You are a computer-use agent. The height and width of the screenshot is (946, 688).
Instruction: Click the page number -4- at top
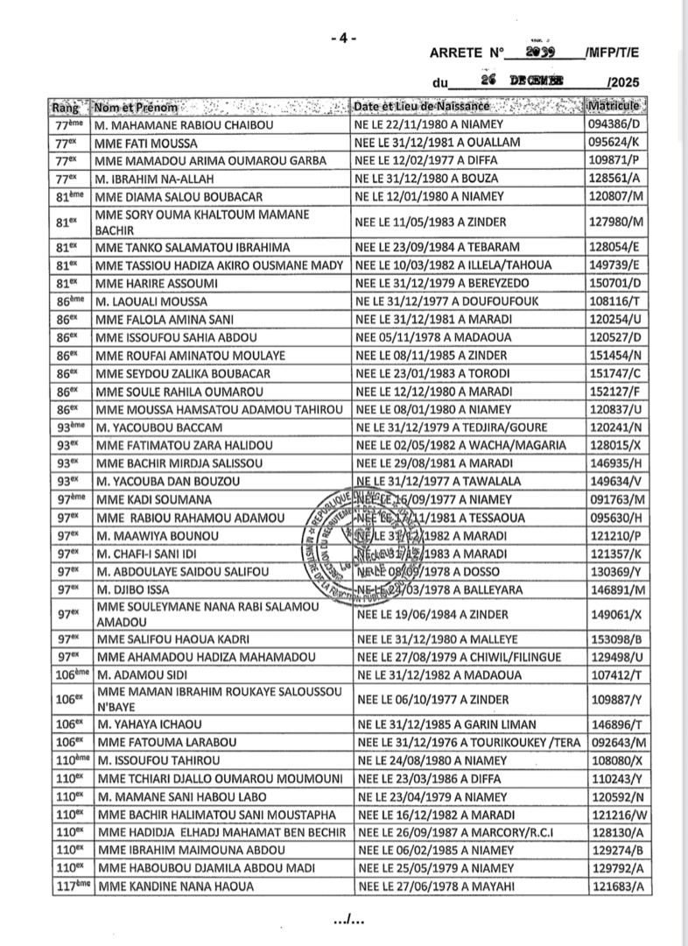pos(344,38)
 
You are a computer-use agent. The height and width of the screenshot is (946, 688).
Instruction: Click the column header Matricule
pos(617,107)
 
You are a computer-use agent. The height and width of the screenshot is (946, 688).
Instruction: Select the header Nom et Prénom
pos(136,107)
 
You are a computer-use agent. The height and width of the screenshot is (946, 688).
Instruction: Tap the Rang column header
pos(67,107)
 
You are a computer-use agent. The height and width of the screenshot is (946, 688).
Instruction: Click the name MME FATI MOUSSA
pos(145,143)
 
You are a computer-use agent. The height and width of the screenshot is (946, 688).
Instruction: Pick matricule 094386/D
pos(617,125)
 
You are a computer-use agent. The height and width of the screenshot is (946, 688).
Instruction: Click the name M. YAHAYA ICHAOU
pos(148,724)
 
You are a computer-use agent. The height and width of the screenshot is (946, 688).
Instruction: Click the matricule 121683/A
pos(617,886)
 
